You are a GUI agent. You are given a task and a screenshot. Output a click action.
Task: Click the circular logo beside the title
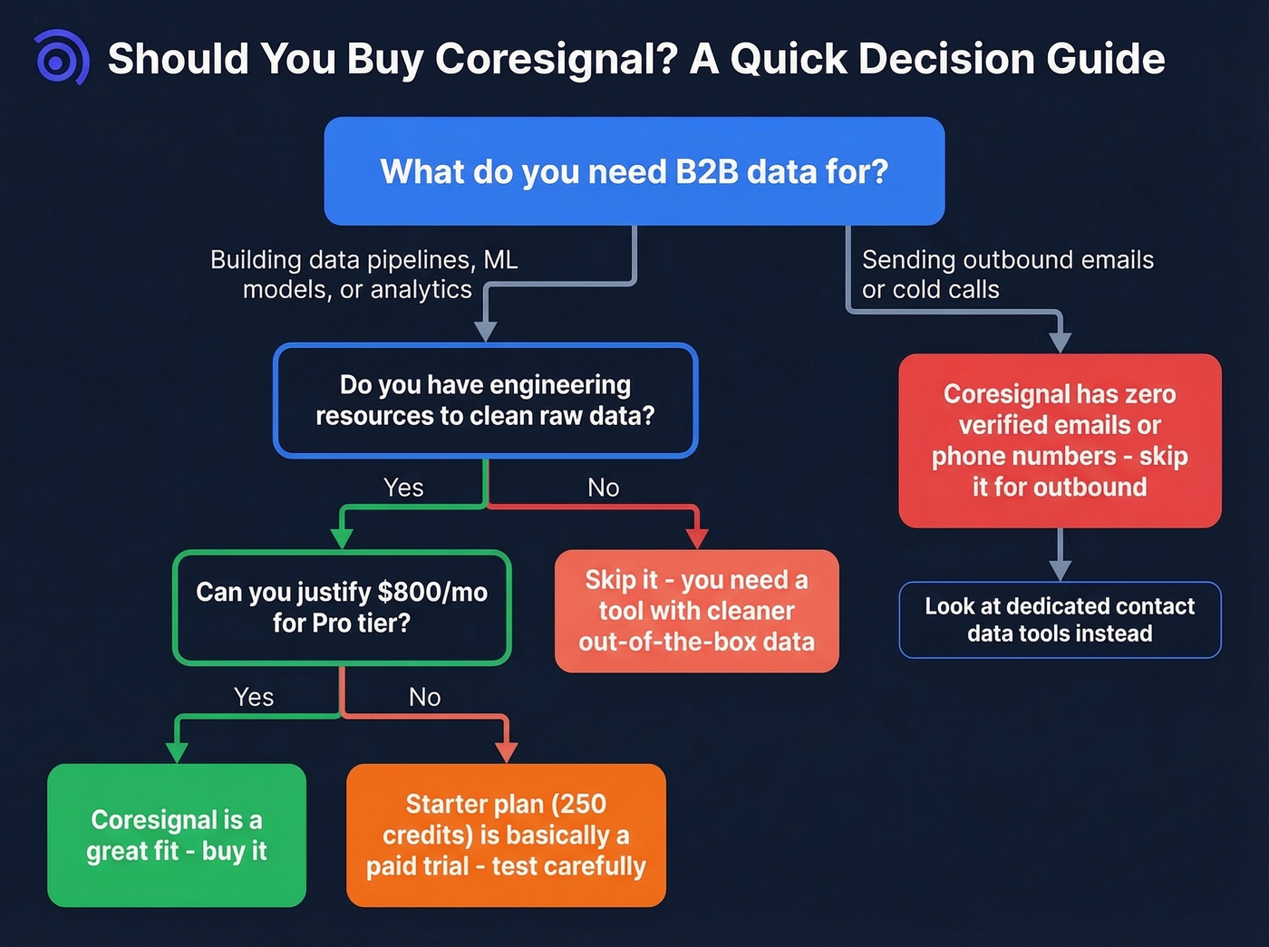60,59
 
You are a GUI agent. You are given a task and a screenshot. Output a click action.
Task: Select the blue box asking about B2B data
634,171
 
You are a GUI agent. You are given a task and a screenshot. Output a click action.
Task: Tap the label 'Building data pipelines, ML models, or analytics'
363,275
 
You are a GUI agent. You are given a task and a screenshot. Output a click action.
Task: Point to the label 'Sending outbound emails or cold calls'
1007,275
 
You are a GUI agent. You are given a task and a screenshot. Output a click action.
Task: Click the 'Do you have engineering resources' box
485,400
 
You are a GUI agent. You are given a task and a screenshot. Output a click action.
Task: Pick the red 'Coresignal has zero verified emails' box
1060,440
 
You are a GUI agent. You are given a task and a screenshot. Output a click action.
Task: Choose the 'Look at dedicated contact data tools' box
1060,620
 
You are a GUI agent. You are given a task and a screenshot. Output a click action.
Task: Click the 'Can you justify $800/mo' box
342,607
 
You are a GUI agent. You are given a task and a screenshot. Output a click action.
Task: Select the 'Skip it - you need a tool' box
696,611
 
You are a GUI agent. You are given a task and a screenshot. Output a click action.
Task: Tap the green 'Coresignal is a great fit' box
177,835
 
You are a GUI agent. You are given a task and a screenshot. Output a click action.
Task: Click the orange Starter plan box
506,835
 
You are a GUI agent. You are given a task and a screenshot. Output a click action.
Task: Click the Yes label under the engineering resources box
403,488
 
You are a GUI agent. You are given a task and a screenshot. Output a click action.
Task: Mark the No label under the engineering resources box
603,488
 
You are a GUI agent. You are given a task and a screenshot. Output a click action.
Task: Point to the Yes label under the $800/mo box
254,697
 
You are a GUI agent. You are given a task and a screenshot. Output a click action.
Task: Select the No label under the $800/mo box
424,697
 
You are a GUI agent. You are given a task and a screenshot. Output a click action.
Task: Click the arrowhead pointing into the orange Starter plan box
507,752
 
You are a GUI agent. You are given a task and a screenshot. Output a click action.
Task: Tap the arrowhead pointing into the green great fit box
178,752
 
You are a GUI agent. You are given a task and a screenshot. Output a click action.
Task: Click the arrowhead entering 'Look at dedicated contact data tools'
1060,570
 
